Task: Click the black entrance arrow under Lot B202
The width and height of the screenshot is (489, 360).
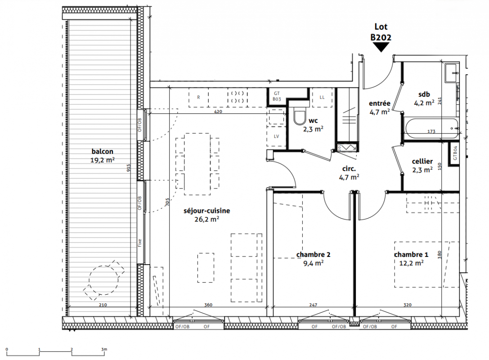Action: click(x=381, y=47)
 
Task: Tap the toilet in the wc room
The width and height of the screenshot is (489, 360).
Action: click(x=301, y=116)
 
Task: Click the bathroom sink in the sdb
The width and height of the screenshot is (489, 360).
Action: click(x=452, y=73)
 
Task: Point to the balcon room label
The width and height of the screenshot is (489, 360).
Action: click(x=102, y=152)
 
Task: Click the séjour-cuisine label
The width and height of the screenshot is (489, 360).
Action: click(x=207, y=211)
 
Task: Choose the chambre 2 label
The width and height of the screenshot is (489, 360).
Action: click(x=313, y=255)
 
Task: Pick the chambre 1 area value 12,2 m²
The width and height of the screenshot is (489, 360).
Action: click(x=411, y=263)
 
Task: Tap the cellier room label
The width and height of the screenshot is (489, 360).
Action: click(x=422, y=161)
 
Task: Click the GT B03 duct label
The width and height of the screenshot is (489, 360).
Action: click(x=277, y=96)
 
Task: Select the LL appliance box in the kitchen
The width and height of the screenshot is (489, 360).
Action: click(x=322, y=97)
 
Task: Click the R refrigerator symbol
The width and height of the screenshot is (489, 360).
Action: click(x=198, y=97)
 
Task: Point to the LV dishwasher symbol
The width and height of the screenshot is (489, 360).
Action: click(x=276, y=136)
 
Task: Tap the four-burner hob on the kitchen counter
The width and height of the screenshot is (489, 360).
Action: click(x=238, y=97)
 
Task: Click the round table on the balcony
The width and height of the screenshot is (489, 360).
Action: click(x=103, y=280)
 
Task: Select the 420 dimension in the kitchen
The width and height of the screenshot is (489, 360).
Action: click(x=218, y=111)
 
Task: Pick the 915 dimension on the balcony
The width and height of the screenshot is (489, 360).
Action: click(x=129, y=168)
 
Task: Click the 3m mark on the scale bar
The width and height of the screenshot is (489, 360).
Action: click(x=104, y=349)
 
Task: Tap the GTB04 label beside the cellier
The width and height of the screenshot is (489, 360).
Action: click(x=455, y=153)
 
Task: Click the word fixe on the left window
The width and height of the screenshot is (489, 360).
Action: click(x=140, y=243)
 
